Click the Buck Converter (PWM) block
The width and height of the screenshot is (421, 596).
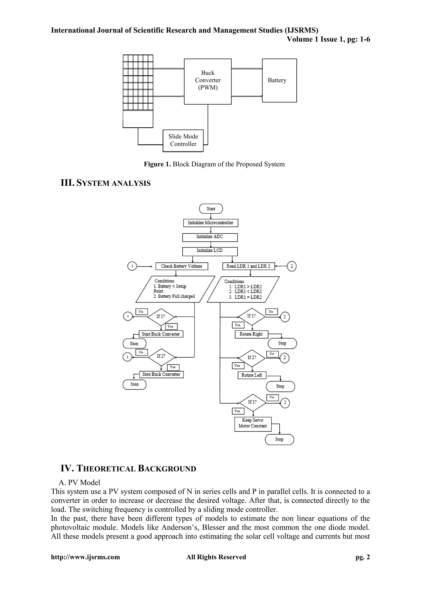pos(208,81)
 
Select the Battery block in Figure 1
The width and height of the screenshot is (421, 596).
pos(279,80)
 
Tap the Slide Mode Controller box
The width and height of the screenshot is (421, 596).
pos(183,140)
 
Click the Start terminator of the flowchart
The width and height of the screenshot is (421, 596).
pos(211,209)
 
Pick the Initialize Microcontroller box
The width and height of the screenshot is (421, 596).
pos(210,223)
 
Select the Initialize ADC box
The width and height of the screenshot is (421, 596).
pos(210,237)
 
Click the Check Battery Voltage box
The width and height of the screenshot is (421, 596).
pos(182,266)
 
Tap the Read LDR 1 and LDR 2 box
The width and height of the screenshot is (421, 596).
pos(248,266)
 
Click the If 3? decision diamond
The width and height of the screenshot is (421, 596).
pos(252,402)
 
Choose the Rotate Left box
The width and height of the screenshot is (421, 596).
pos(252,375)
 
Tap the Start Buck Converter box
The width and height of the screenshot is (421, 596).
pos(161,334)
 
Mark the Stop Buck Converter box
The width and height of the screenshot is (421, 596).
pos(161,374)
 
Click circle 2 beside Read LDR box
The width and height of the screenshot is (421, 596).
pos(292,266)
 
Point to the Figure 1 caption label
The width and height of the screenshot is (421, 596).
pos(214,164)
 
